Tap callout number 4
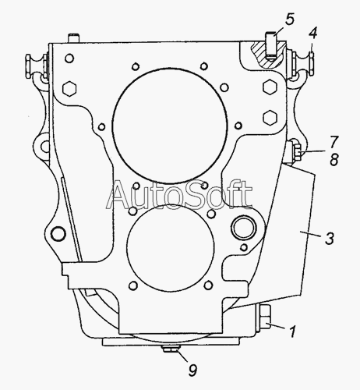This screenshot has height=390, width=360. pyautogui.click(x=312, y=34)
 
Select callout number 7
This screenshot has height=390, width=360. pyautogui.click(x=334, y=142)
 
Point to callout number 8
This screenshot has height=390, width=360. pyautogui.click(x=334, y=159)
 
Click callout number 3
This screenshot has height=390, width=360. pyautogui.click(x=330, y=239)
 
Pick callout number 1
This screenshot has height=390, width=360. pyautogui.click(x=292, y=331)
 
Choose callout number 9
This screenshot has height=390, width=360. pyautogui.click(x=192, y=370)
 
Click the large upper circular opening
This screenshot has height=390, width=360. pyautogui.click(x=170, y=126)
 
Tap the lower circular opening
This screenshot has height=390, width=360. pyautogui.click(x=171, y=248)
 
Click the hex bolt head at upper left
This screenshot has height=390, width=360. pyautogui.click(x=69, y=88)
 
